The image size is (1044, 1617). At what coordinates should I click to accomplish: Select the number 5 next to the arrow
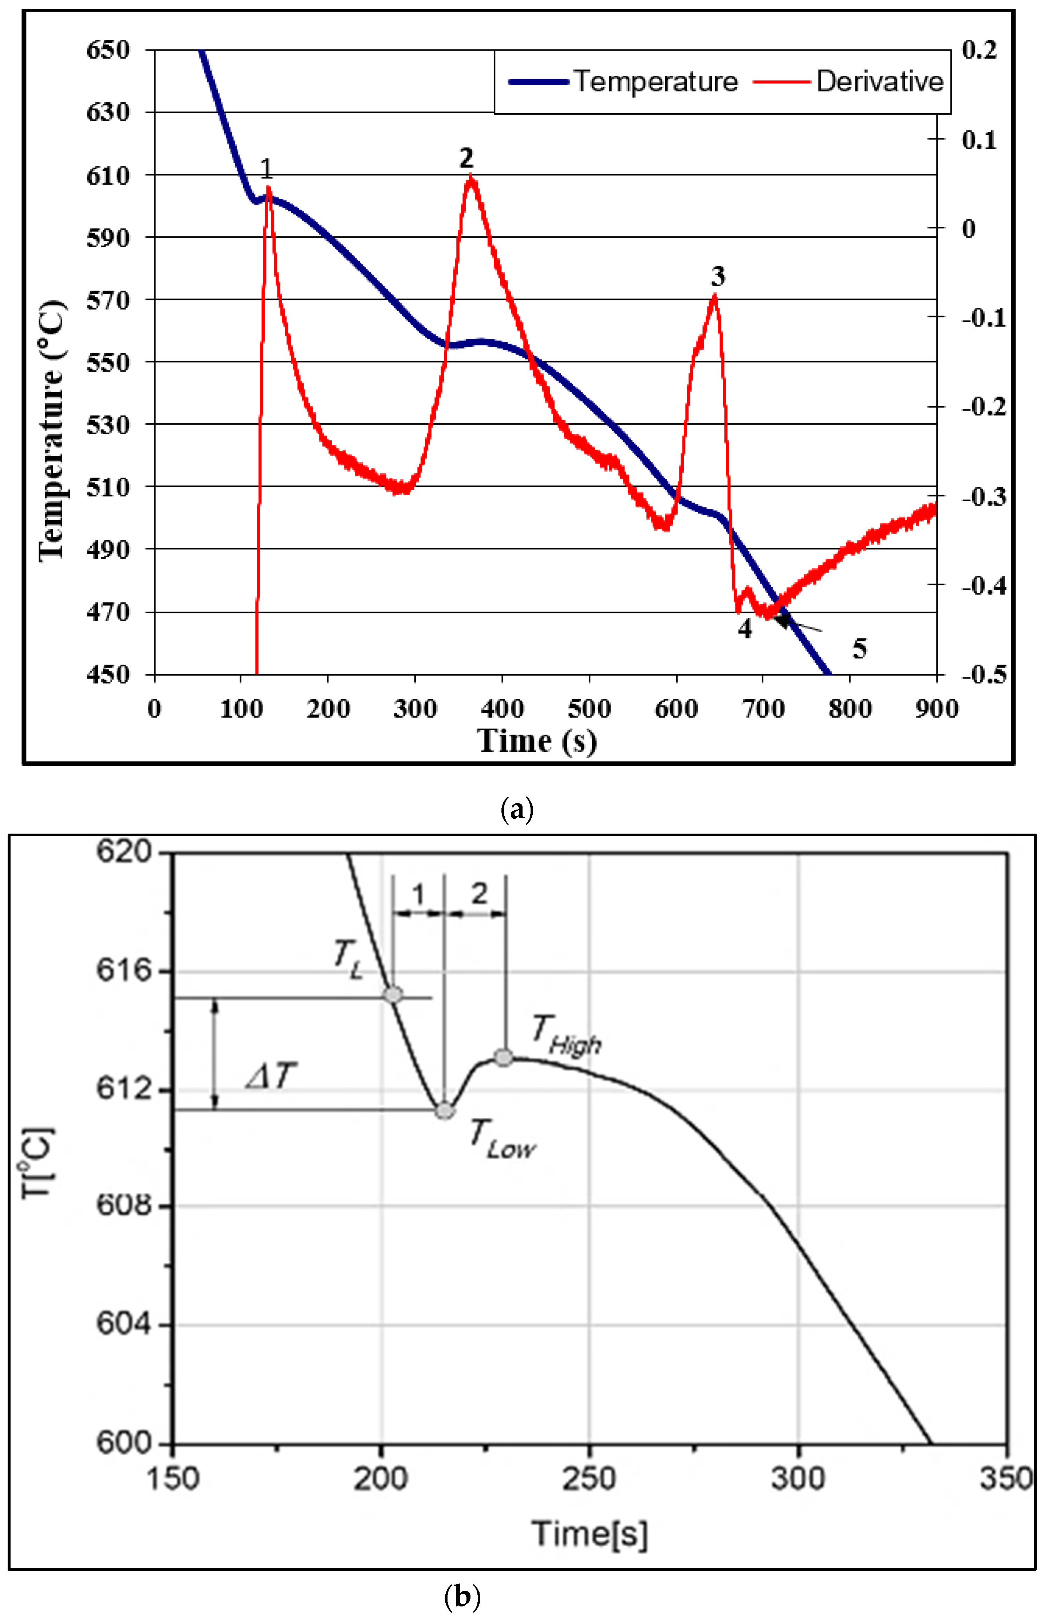859,649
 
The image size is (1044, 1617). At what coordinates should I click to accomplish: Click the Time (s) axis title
536,741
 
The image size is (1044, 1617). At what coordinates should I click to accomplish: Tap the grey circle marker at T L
393,995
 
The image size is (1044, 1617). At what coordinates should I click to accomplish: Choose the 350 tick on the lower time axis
1006,1478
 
